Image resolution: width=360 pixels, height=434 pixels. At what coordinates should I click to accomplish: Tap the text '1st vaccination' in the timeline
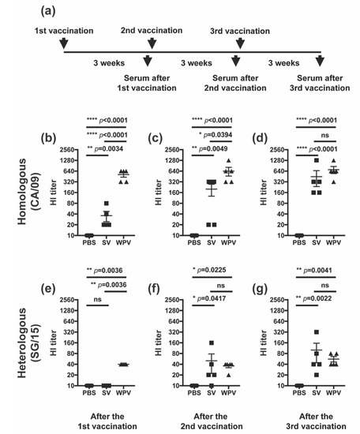coord(62,30)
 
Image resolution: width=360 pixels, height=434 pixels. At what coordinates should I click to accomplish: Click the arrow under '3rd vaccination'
coord(238,43)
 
